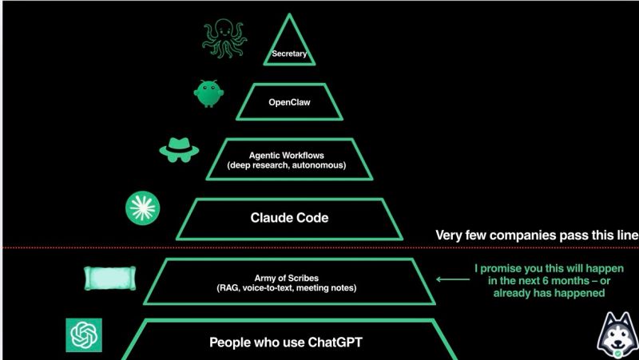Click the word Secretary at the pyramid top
289,53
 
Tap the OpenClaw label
289,102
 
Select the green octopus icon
224,38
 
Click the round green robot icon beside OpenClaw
208,93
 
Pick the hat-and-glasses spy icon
179,149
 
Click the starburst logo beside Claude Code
143,208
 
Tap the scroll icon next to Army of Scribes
109,278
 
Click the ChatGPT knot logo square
84,335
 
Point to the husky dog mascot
617,335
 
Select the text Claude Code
289,218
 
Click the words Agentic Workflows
287,155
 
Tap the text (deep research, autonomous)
287,165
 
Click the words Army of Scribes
287,278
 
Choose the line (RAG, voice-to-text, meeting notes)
287,288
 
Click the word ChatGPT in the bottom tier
335,342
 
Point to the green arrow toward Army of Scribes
453,279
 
